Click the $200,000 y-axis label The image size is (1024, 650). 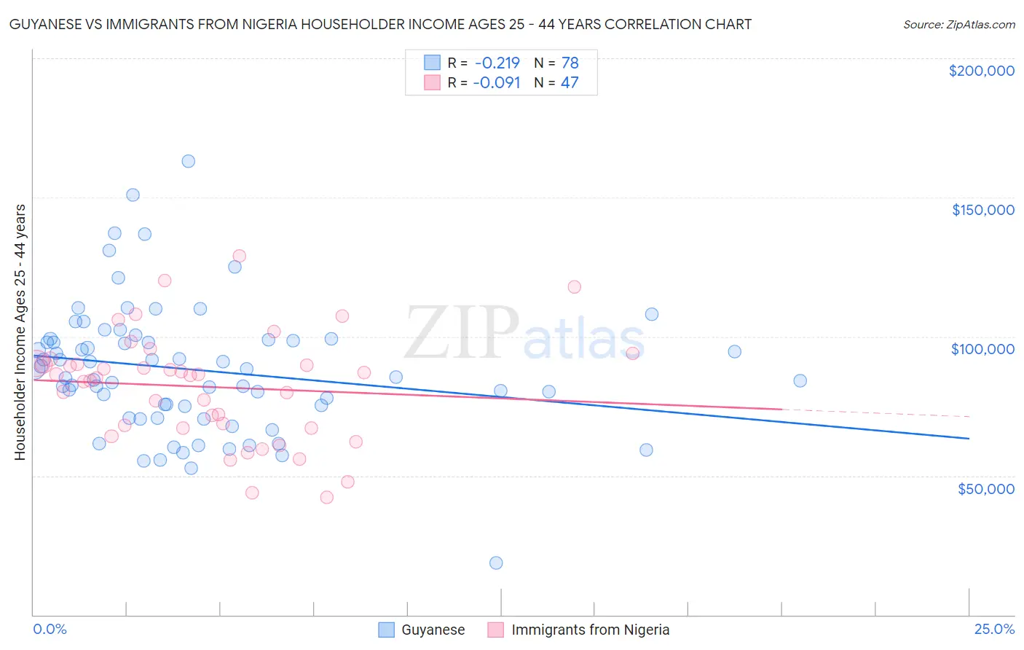[x=981, y=71]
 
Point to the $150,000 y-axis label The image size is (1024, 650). [x=982, y=210]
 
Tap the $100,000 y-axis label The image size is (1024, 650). [x=982, y=349]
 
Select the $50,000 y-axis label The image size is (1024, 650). [x=985, y=489]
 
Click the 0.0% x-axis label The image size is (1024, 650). [x=50, y=630]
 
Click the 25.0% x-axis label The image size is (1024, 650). [x=994, y=630]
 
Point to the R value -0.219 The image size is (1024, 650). [x=497, y=63]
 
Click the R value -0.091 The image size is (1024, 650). [x=497, y=83]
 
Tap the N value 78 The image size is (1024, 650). [x=570, y=63]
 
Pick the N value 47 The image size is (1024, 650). [x=570, y=83]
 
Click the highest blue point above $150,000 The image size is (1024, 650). [x=188, y=161]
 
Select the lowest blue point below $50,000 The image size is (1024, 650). [x=496, y=563]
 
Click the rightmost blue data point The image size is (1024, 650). [x=800, y=380]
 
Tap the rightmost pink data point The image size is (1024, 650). [x=632, y=353]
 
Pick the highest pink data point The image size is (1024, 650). [x=239, y=256]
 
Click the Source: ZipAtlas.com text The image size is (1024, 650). [x=958, y=25]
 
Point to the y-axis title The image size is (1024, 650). [x=20, y=332]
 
